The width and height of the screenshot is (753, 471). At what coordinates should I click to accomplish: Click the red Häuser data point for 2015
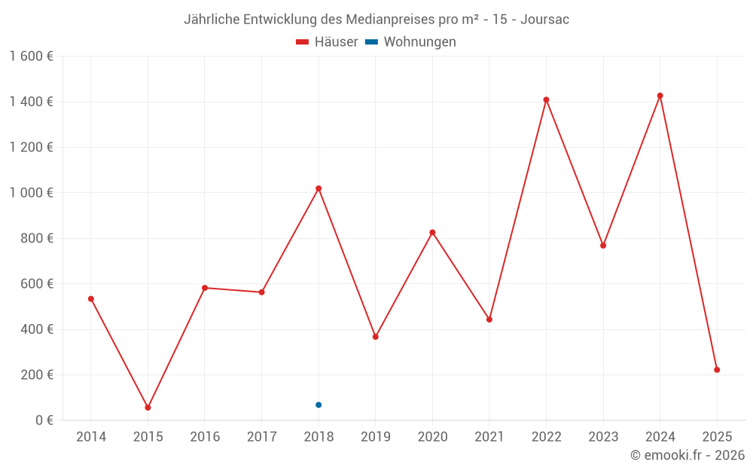tap(148, 408)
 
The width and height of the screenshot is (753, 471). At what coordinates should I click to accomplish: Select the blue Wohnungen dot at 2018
tap(319, 405)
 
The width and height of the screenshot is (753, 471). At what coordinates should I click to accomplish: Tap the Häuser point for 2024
tap(660, 96)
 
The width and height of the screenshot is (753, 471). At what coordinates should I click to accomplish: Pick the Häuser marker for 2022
tap(546, 99)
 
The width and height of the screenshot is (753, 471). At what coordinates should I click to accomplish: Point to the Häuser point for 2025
tap(717, 370)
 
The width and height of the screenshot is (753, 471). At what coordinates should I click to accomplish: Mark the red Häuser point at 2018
tap(319, 188)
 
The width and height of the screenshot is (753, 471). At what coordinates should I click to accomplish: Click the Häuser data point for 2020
tap(432, 232)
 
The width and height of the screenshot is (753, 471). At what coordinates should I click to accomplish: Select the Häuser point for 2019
tap(375, 337)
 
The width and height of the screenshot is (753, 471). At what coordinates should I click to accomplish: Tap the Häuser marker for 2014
tap(91, 299)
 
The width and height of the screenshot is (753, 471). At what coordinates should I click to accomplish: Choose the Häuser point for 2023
tap(603, 246)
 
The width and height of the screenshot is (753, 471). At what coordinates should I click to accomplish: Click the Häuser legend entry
tap(327, 42)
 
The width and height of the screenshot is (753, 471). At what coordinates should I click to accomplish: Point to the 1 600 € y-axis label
tap(32, 57)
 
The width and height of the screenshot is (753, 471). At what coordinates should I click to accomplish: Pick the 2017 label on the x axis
tap(261, 437)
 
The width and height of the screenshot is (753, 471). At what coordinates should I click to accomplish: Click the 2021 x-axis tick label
tap(489, 437)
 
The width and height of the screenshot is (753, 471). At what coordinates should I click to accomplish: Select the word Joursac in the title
tap(544, 20)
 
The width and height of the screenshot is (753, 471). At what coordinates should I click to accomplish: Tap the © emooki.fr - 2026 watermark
tap(687, 455)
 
